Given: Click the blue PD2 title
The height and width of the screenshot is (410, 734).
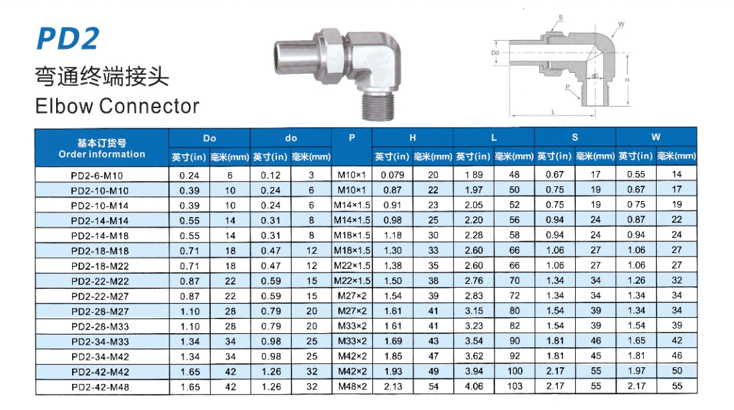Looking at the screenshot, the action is click(x=68, y=39).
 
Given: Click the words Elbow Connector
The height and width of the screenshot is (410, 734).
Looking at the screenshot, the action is click(x=117, y=106).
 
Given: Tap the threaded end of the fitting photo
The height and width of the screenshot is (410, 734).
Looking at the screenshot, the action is click(x=378, y=105).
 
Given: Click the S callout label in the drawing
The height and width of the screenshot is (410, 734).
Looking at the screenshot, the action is click(x=561, y=17).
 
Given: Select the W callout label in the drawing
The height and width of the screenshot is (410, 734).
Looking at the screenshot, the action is click(x=621, y=24).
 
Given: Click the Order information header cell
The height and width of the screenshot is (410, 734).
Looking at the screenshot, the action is click(x=101, y=148).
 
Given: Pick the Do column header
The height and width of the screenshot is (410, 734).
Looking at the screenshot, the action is click(x=210, y=138).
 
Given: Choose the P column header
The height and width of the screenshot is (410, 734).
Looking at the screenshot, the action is click(x=352, y=138).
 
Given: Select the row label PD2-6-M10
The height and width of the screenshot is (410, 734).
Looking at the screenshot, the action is click(x=97, y=176).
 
